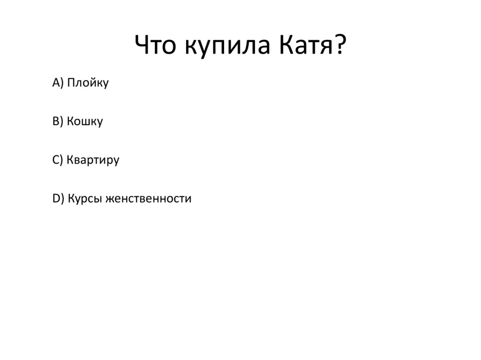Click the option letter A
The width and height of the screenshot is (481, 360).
tap(56, 83)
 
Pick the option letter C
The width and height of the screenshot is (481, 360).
tap(55, 160)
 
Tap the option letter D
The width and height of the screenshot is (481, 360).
tap(56, 199)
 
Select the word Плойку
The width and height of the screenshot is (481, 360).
tap(88, 84)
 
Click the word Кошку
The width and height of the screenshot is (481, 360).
tap(85, 122)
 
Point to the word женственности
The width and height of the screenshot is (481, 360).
tap(148, 199)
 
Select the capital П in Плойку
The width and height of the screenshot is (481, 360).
tap(70, 83)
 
